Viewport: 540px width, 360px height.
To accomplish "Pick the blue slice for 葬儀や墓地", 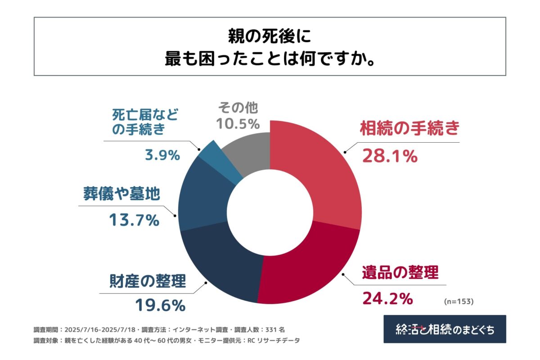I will click(x=202, y=193).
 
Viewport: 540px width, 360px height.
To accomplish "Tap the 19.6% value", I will click(x=160, y=306).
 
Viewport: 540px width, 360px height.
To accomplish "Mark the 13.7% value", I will click(x=134, y=220).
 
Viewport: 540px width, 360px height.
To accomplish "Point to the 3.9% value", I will click(x=162, y=155).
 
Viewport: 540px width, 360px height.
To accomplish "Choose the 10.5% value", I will click(x=238, y=123).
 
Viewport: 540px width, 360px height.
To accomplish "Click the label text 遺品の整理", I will click(x=400, y=273).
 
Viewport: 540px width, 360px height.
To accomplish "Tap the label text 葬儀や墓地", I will click(x=121, y=194).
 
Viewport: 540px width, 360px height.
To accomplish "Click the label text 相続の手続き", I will click(x=409, y=129).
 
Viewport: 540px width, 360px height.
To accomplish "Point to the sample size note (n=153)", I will click(x=458, y=301).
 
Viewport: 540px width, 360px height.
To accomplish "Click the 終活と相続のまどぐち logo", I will click(x=445, y=329).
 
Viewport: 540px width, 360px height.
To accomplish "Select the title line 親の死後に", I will click(x=270, y=36).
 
